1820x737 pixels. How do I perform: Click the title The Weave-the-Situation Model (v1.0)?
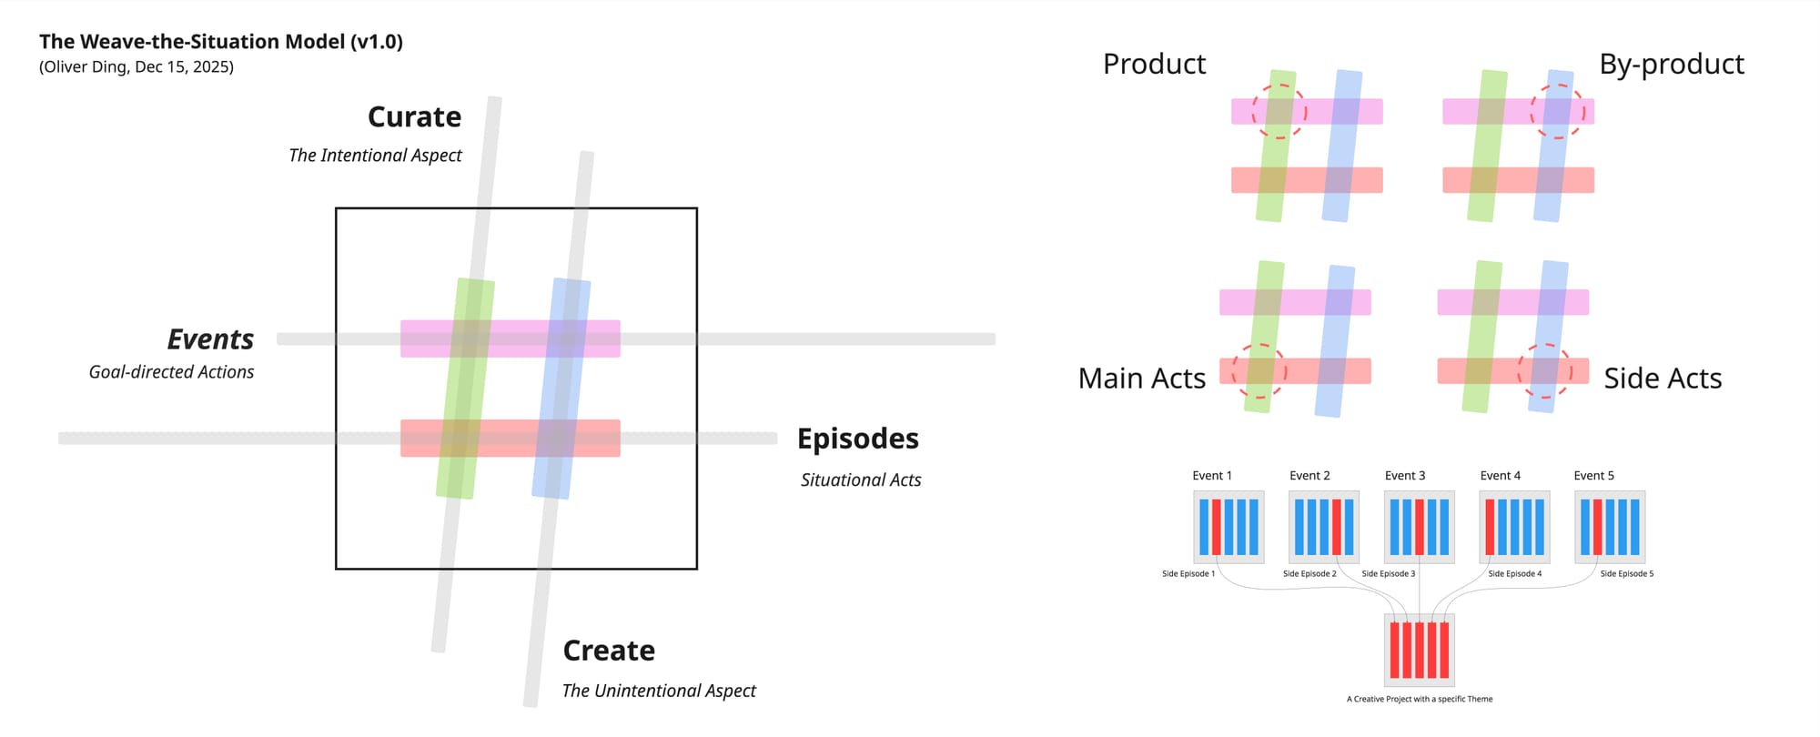[x=221, y=42]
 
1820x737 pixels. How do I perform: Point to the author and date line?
[x=136, y=66]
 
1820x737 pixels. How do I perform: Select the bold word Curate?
[x=414, y=117]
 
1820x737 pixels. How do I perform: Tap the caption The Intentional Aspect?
[x=375, y=156]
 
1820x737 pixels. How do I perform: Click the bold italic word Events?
[x=210, y=339]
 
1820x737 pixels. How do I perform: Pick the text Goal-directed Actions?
[x=171, y=372]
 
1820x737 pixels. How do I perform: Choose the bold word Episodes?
[x=857, y=439]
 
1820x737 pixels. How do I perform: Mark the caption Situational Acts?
[x=861, y=480]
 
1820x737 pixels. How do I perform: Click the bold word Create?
[x=609, y=651]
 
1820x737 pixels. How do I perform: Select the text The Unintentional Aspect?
[x=659, y=691]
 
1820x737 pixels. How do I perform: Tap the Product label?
[x=1154, y=65]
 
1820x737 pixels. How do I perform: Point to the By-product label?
[x=1672, y=65]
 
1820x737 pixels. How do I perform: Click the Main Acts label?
[x=1141, y=379]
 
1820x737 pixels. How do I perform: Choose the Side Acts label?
[x=1663, y=379]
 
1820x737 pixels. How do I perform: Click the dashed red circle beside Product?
[x=1279, y=111]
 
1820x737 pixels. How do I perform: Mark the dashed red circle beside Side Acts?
[x=1545, y=370]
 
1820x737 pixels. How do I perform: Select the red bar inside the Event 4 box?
[x=1490, y=527]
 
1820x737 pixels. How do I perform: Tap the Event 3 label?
[x=1405, y=476]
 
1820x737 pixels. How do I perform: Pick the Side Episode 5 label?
[x=1627, y=574]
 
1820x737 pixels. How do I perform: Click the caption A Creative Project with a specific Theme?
[x=1420, y=700]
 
